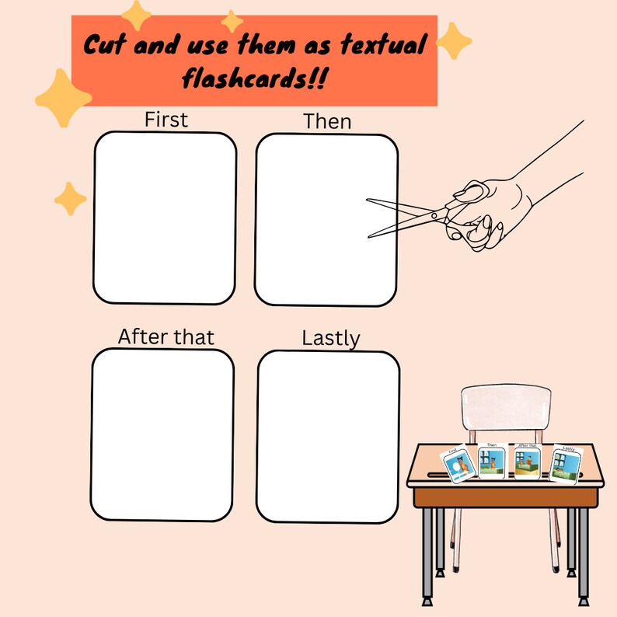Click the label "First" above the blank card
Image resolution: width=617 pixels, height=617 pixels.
tap(166, 120)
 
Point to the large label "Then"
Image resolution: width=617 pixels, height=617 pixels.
tap(327, 121)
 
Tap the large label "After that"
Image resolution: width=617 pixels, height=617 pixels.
tap(166, 336)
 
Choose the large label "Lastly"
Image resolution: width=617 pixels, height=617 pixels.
tap(331, 338)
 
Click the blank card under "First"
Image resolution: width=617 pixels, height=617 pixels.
tap(165, 218)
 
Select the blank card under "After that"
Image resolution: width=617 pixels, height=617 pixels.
tap(162, 434)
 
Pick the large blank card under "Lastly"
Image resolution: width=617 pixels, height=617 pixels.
tap(327, 436)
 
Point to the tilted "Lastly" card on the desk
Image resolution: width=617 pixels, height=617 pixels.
tap(565, 463)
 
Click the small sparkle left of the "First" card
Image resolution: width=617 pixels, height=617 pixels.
tap(71, 198)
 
